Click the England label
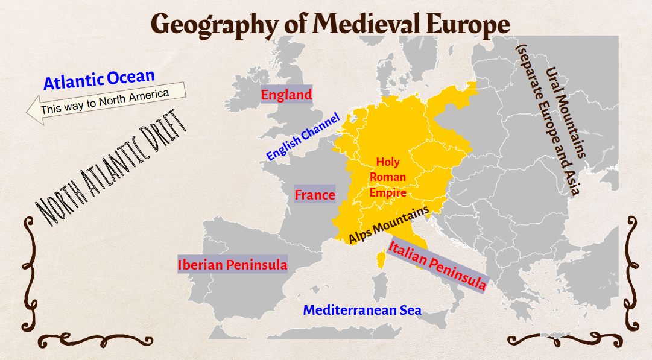point(286,95)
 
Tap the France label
point(314,195)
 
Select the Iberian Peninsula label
point(232,264)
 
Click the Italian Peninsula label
point(437,265)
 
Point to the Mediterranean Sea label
point(362,310)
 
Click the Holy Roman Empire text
point(387,177)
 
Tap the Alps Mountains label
point(388,224)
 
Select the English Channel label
point(303,137)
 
